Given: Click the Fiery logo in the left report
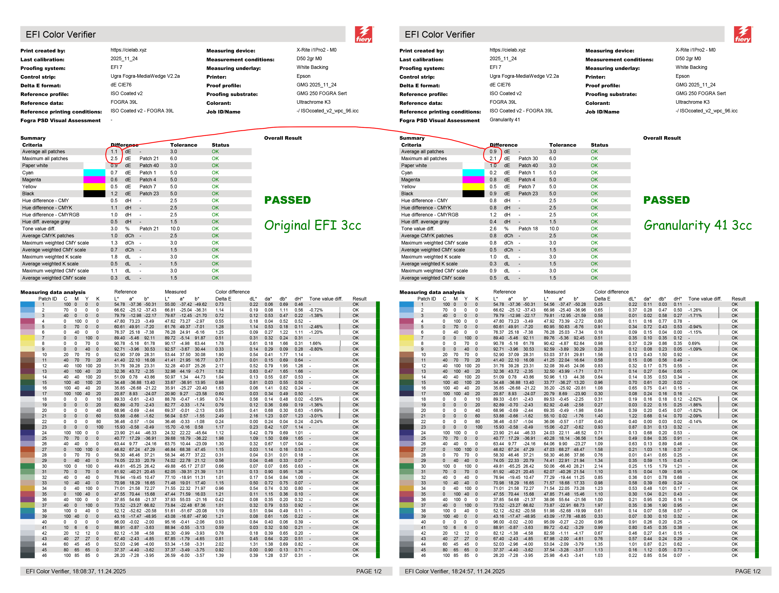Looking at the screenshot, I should tap(364, 34).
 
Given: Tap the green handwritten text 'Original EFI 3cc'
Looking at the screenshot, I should tap(313, 225).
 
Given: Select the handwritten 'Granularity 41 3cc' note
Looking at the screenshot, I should tap(697, 225).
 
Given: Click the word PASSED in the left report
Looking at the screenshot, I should tap(287, 200).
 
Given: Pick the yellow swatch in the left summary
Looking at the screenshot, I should tap(94, 186).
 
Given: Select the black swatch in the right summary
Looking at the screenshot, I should tap(473, 193).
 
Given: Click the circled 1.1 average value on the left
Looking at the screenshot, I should tap(114, 152).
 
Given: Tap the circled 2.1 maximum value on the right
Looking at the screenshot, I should tap(493, 158).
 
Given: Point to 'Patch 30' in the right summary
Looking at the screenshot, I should tap(528, 158).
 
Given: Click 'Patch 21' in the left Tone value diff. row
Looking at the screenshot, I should tap(149, 229).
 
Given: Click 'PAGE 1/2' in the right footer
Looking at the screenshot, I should tap(748, 571).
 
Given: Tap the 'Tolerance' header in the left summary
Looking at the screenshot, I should tap(183, 145).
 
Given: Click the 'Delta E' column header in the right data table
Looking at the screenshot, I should tap(602, 299).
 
